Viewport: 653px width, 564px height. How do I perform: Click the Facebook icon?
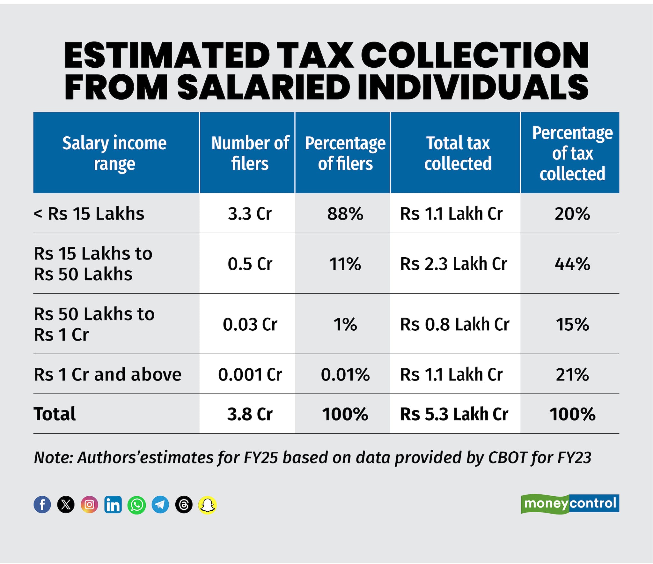point(42,505)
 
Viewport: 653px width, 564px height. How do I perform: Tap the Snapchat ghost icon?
point(208,505)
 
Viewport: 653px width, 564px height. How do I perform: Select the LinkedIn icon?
point(113,505)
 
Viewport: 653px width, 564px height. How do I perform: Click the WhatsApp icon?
point(136,505)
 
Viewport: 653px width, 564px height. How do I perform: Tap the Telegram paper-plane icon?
point(160,505)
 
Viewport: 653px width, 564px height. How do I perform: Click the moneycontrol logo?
point(570,503)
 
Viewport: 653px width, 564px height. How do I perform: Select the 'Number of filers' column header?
point(250,153)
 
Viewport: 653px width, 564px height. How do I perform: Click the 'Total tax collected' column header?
point(458,153)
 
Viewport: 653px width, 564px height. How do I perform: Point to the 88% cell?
point(345,214)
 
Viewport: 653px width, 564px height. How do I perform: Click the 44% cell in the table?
point(572,264)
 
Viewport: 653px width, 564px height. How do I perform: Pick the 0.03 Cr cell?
point(250,324)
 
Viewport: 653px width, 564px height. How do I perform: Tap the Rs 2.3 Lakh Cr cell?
point(453,264)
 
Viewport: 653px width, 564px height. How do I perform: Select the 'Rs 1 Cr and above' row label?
point(107,374)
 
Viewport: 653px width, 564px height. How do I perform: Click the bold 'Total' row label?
point(55,414)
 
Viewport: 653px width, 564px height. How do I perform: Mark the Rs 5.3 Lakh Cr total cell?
point(454,414)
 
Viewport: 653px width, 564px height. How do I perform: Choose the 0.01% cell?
point(345,374)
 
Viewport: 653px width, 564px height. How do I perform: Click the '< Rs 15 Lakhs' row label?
point(89,214)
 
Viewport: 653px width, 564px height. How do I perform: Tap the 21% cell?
point(572,374)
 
